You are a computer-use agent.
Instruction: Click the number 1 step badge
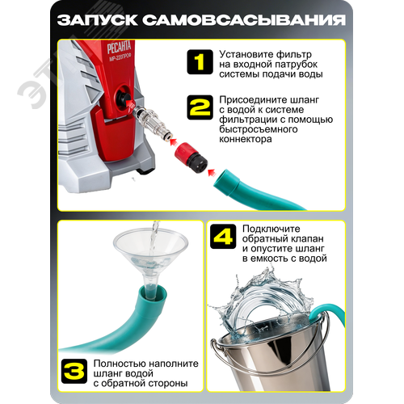pos(200,62)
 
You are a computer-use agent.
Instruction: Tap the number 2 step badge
pos(200,107)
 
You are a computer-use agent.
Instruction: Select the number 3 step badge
pos(74,371)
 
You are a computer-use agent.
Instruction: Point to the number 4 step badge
pos(223,237)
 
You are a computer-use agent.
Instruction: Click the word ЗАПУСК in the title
pos(97,20)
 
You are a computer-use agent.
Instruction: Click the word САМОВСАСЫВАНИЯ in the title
pos(244,20)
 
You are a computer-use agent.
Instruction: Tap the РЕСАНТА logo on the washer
pos(119,48)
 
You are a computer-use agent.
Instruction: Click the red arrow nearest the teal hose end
pos(213,172)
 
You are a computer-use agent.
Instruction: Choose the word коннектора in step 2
pos(246,140)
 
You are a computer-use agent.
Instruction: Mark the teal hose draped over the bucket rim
pos(326,309)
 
